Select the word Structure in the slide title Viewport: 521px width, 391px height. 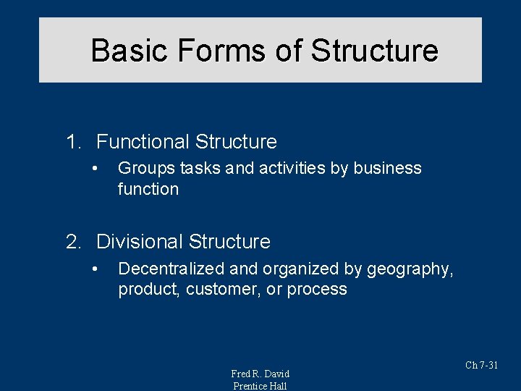tap(374, 51)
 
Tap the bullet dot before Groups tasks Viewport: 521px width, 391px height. tap(94, 169)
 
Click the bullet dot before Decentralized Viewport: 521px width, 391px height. tap(94, 269)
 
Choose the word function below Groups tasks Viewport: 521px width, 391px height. tap(148, 190)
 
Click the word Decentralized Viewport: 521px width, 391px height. tap(171, 269)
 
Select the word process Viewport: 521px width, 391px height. tap(317, 290)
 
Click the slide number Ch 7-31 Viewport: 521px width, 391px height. tap(481, 365)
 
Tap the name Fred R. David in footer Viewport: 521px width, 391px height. tap(260, 374)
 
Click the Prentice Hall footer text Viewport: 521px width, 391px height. tap(260, 386)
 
